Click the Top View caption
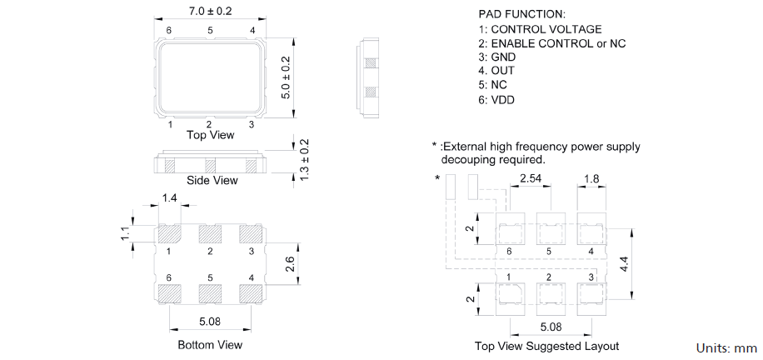click(210, 135)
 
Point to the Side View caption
click(212, 180)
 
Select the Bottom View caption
click(210, 344)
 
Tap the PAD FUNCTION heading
click(521, 14)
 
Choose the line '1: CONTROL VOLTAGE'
click(540, 29)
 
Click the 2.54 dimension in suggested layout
click(531, 178)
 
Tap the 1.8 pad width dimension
click(592, 178)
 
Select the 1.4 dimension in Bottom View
click(170, 197)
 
